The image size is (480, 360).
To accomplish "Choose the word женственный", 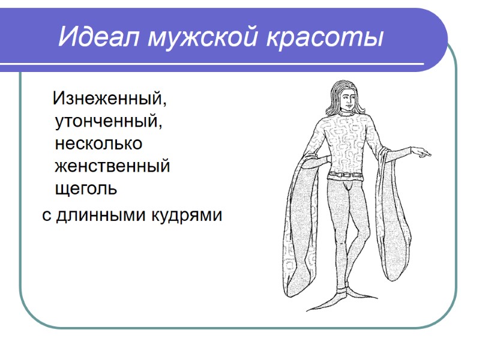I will pos(112,166).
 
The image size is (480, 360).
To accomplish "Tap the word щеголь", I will pos(85,189).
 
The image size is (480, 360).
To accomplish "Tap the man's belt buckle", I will pos(346,175).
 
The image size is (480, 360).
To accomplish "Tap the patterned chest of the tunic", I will pos(348,135).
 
